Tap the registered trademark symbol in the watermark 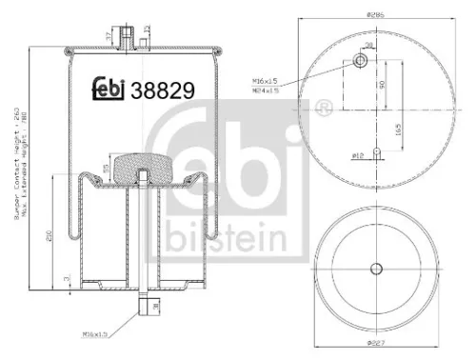(323, 103)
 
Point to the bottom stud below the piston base (142, 306)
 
